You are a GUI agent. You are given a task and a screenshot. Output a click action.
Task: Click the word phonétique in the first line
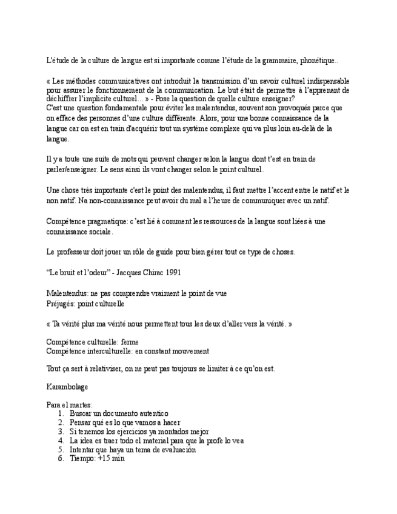click(318, 61)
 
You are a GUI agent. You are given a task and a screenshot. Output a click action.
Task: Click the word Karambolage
click(67, 386)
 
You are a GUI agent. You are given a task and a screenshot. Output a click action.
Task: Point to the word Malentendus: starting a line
click(67, 293)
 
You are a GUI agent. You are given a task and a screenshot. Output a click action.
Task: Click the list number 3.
click(61, 432)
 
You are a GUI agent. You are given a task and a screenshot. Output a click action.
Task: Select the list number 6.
click(61, 459)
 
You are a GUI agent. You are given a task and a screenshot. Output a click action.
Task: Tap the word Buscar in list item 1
click(81, 413)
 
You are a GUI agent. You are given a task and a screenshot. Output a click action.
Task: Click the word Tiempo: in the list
click(83, 459)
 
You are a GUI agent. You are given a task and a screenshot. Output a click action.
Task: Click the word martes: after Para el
click(81, 404)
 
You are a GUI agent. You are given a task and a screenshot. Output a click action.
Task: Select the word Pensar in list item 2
click(81, 422)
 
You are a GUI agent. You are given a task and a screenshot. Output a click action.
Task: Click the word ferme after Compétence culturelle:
click(130, 342)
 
